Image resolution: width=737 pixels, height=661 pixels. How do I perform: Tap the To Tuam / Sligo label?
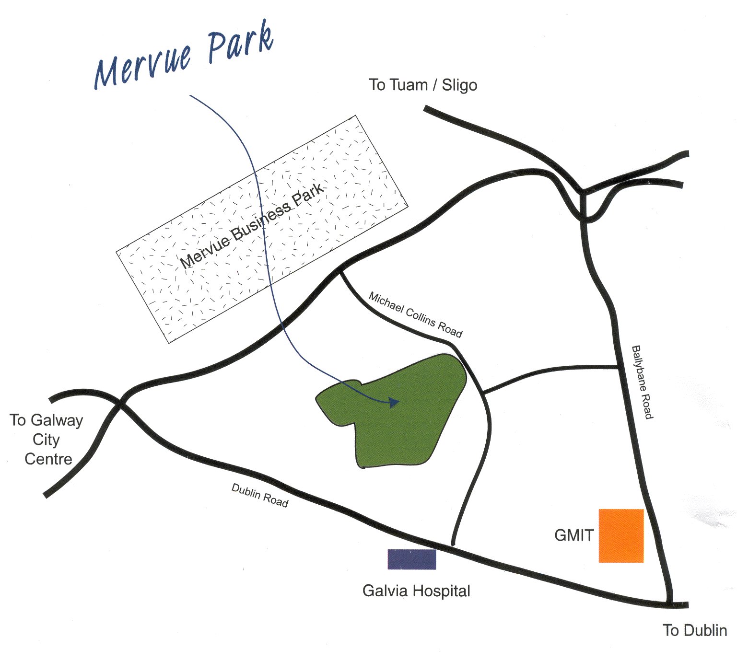(423, 85)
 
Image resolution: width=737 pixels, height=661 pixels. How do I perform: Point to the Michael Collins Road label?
(415, 314)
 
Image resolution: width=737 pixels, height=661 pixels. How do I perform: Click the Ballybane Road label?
(642, 382)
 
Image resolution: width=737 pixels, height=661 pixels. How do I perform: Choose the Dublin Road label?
(260, 495)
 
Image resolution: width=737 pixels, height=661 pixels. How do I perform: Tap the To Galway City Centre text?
(47, 440)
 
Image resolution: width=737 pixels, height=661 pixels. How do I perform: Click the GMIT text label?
(573, 535)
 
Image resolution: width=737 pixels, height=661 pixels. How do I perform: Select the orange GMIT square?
(621, 535)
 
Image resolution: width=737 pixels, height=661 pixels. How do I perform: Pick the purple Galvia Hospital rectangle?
(411, 559)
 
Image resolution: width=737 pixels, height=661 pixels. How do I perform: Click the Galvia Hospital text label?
(416, 591)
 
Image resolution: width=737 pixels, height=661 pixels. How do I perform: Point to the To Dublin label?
(694, 630)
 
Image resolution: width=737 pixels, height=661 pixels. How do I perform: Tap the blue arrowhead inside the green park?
(394, 402)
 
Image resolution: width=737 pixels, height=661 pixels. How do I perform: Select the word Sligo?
(459, 85)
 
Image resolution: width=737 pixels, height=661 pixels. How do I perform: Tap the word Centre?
(48, 459)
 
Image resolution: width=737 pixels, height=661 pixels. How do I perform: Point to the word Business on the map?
(262, 220)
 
